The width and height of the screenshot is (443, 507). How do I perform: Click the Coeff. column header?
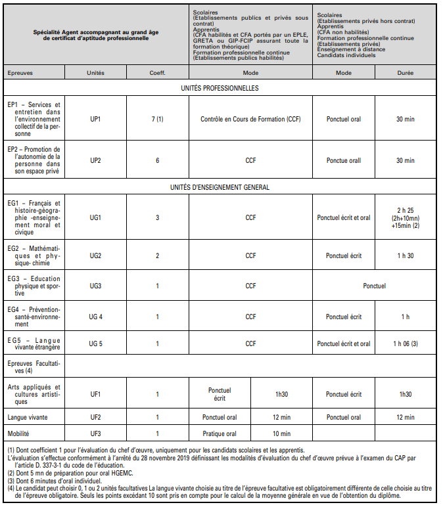tap(157, 73)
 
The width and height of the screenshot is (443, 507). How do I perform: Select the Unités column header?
tap(95, 73)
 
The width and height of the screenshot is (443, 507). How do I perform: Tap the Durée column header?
tap(405, 73)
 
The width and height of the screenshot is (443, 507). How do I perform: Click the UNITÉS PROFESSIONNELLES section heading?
tap(220, 88)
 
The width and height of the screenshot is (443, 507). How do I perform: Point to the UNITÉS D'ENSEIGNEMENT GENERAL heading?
tap(220, 187)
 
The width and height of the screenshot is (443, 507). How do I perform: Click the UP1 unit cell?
tap(95, 119)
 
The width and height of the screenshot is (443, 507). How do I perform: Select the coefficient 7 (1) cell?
tap(157, 119)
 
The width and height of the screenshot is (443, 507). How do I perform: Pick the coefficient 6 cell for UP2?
tap(157, 160)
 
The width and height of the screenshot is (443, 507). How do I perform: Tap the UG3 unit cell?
tap(95, 286)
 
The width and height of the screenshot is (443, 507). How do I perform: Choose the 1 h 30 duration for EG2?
tap(405, 255)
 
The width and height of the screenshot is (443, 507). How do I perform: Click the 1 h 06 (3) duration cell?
tap(405, 343)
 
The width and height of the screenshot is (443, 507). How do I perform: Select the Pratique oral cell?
tap(220, 433)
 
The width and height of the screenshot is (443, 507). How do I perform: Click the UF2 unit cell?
tap(95, 417)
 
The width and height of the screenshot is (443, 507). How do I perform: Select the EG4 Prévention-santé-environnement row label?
tap(33, 317)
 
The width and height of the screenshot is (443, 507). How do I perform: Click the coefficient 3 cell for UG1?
tap(157, 217)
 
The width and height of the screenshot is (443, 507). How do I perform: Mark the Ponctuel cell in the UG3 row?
tap(374, 286)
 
